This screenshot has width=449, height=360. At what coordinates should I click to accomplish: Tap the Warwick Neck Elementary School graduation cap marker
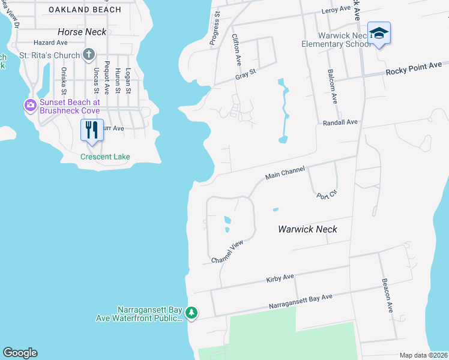[379, 33]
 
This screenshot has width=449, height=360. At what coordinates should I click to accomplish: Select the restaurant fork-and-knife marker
[91, 130]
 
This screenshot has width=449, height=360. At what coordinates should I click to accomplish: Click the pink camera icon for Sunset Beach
[30, 106]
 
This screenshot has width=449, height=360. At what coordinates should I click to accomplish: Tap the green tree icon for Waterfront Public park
[191, 312]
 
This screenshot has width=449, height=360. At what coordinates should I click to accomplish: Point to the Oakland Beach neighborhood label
[85, 10]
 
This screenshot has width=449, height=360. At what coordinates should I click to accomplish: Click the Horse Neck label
[82, 31]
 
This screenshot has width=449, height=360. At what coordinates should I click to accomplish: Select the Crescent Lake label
[106, 157]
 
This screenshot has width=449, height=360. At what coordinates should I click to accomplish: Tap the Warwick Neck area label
[307, 229]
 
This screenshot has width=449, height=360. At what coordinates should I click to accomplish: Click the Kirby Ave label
[280, 278]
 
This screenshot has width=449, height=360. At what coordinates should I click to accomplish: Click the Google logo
[20, 353]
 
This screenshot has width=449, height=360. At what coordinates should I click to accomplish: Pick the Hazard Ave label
[50, 43]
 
